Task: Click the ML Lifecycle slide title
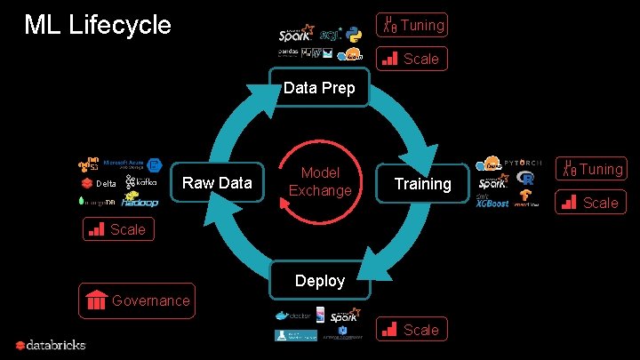pos(98,25)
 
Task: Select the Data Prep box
pos(319,88)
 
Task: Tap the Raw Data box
pos(217,183)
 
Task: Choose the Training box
pos(422,184)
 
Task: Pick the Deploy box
pos(319,281)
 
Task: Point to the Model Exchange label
pos(320,182)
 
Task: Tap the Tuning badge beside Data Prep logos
pos(412,25)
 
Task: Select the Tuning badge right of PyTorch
pos(591,168)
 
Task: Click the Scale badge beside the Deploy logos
pos(411,330)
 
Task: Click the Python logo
pos(354,36)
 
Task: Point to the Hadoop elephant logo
pos(140,202)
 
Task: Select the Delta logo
pos(99,184)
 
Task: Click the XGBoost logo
pos(493,203)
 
